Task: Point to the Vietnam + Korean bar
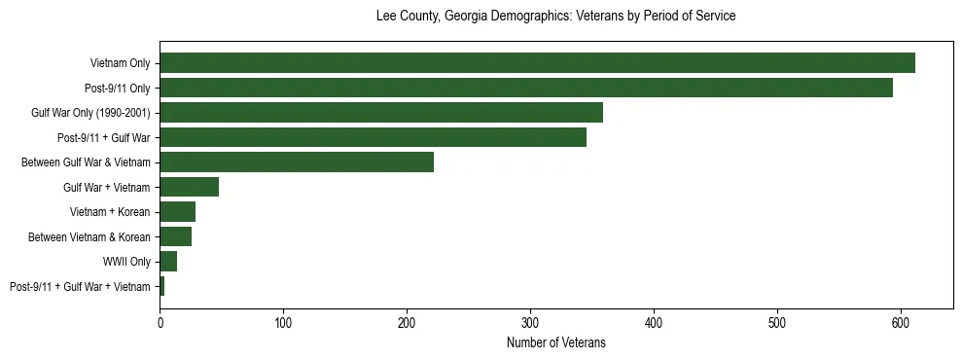[178, 212]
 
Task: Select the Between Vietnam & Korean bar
[176, 236]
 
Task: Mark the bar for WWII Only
[168, 262]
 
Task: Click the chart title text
[555, 17]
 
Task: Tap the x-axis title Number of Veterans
[555, 343]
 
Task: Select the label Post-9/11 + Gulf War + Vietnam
[80, 286]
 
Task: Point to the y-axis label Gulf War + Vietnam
[107, 187]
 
